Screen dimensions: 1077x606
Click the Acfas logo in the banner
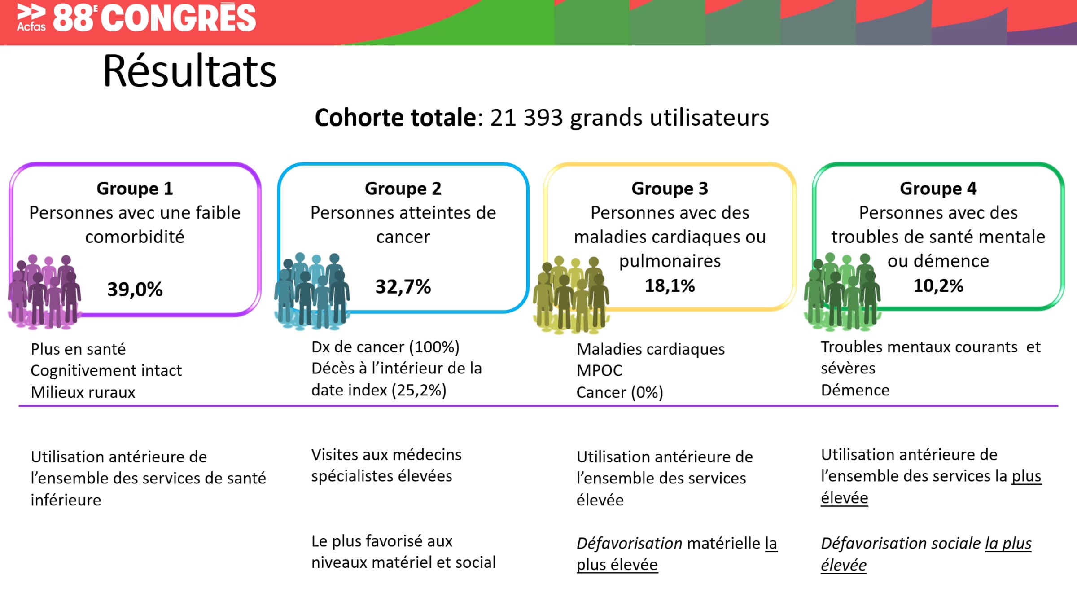tap(31, 18)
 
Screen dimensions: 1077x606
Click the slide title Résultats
tap(190, 71)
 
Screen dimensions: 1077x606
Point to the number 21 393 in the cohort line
tap(526, 118)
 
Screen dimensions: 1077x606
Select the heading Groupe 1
tap(135, 189)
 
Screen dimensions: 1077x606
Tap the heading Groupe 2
tap(403, 189)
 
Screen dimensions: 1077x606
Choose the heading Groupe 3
tap(670, 189)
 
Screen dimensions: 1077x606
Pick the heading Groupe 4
tap(938, 189)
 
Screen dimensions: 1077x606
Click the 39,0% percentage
tap(135, 290)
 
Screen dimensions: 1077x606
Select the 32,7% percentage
tap(403, 287)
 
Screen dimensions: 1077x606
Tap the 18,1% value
tap(670, 286)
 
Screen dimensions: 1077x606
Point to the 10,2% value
tap(938, 286)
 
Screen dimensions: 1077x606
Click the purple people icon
tap(44, 292)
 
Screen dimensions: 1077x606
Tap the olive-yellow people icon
tap(571, 294)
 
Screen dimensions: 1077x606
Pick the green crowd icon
tap(842, 292)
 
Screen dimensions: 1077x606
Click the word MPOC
tap(599, 371)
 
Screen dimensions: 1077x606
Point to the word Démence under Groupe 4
tap(855, 391)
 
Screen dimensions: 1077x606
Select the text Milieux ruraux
tap(83, 392)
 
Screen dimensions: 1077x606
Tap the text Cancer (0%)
tap(620, 393)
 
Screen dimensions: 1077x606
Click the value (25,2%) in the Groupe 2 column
tap(419, 391)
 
